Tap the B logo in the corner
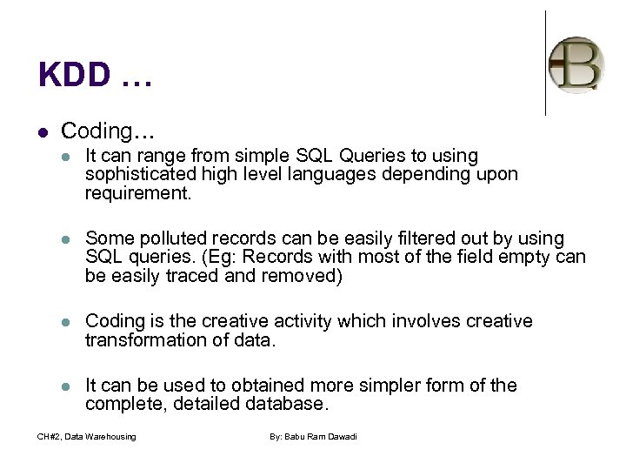pyautogui.click(x=576, y=64)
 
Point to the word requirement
pyautogui.click(x=136, y=192)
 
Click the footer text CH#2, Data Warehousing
pyautogui.click(x=87, y=436)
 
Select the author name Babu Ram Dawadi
pyautogui.click(x=314, y=436)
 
